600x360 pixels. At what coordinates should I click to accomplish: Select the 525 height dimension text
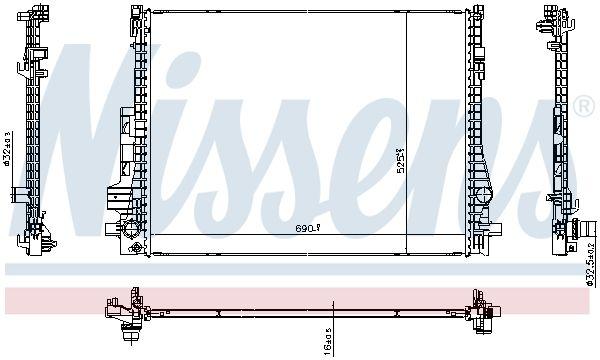399,160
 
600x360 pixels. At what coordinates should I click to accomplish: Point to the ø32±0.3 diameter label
9,149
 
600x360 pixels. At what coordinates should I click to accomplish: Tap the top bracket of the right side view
551,15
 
